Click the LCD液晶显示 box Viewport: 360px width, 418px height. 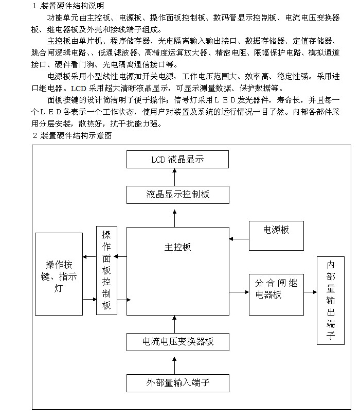[x=177, y=160]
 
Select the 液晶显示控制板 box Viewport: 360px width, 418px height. [x=177, y=195]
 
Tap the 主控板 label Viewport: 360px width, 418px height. [x=177, y=248]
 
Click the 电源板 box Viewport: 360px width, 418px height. [x=276, y=236]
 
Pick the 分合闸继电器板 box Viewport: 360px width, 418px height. [x=276, y=294]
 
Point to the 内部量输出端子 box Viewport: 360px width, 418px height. [x=331, y=301]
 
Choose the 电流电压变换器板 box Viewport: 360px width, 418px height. [x=177, y=342]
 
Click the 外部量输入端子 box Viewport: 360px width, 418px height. [x=177, y=383]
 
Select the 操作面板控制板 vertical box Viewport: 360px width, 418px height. [x=106, y=270]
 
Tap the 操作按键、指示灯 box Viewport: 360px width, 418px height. [x=59, y=274]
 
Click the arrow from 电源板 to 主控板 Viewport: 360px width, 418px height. [x=239, y=239]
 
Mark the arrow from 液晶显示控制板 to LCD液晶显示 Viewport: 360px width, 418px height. [x=174, y=177]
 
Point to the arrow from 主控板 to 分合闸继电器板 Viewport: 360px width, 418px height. [x=239, y=292]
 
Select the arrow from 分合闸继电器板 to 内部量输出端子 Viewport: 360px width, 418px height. [x=310, y=292]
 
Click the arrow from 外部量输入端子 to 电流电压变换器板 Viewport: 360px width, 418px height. [x=174, y=365]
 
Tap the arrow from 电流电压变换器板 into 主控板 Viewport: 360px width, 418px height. [x=174, y=324]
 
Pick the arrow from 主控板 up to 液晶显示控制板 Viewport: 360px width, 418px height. [x=174, y=218]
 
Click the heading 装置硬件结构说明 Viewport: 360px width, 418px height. [x=72, y=6]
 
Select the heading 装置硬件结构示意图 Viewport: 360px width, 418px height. [x=76, y=135]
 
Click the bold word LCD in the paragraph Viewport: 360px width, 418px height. [x=78, y=88]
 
